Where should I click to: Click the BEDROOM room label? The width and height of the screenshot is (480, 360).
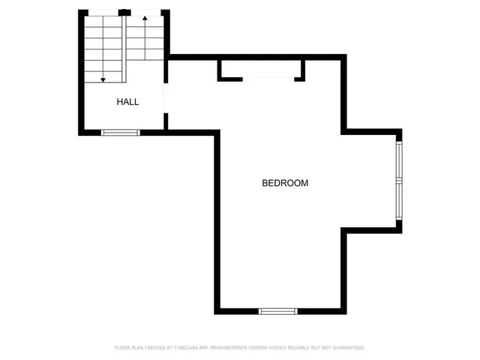point(285,183)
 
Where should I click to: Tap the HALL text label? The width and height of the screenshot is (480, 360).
point(127,101)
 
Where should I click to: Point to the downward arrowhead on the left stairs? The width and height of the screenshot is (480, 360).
point(103,78)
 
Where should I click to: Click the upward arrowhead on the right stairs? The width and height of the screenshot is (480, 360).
point(143,16)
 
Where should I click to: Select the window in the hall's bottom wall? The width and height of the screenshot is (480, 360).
point(121,133)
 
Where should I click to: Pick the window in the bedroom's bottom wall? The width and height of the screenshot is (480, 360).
point(277,310)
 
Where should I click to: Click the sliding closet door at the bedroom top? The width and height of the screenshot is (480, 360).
point(267,77)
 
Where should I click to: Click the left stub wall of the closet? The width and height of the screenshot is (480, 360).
point(220,70)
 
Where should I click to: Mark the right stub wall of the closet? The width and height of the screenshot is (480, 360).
point(304,70)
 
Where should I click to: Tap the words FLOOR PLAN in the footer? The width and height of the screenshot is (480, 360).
point(129,348)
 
